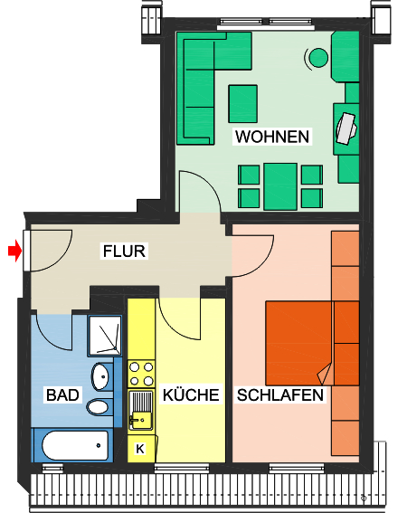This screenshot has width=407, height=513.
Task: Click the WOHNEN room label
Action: pyautogui.click(x=271, y=138)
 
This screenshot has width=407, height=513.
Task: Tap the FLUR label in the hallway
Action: pyautogui.click(x=124, y=252)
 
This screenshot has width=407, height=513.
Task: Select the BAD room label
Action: pyautogui.click(x=62, y=395)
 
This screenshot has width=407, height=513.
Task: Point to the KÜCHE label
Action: pyautogui.click(x=191, y=395)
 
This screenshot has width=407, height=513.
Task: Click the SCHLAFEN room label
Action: pyautogui.click(x=280, y=395)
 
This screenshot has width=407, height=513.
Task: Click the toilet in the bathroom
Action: pyautogui.click(x=98, y=406)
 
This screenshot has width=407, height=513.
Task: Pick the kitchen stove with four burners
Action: pyautogui.click(x=141, y=375)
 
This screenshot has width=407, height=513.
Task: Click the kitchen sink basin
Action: pyautogui.click(x=141, y=417)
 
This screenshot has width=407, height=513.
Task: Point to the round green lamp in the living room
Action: pyautogui.click(x=317, y=58)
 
